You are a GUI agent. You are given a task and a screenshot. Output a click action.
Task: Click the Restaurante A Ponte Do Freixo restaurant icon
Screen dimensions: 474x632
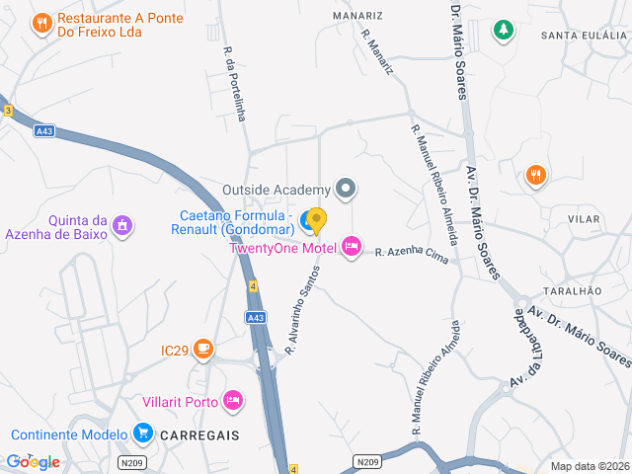tap(41, 23)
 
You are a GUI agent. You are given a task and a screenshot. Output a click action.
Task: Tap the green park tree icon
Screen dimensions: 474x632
tap(504, 31)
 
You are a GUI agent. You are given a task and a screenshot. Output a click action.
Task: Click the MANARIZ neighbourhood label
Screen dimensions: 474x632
tap(357, 17)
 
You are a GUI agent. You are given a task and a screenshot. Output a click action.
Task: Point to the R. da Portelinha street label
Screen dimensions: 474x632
tap(234, 85)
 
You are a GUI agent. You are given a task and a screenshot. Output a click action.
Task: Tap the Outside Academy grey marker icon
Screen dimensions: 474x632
tap(346, 188)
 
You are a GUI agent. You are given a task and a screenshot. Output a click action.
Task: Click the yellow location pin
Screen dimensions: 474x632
tap(316, 220)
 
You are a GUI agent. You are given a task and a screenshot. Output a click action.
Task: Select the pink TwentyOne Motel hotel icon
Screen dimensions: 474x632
tap(352, 246)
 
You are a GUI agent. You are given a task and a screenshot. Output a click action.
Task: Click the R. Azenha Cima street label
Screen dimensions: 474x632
tap(411, 255)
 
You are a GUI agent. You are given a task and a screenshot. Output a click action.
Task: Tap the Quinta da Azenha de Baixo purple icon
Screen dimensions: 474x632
tap(121, 226)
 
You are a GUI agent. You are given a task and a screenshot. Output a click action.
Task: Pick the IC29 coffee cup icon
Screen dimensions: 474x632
tap(203, 348)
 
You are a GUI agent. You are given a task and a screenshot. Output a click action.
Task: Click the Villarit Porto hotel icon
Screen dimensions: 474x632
tap(233, 400)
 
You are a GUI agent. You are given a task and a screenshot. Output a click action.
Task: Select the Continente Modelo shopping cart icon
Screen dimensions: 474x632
tap(143, 433)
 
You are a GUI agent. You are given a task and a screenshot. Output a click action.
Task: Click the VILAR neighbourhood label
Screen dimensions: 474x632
tap(585, 217)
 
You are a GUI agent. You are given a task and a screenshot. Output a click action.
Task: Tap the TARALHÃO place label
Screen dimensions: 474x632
tap(573, 291)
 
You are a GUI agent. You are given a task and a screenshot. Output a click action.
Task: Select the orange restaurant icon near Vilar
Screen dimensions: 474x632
tap(536, 175)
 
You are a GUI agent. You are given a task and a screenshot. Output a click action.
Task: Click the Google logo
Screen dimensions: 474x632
tap(33, 461)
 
